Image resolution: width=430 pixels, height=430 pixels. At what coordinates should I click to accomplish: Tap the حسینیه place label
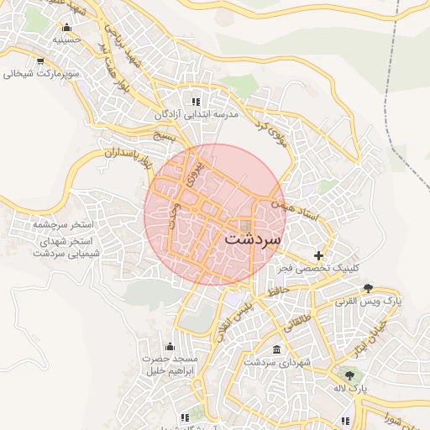pyautogui.click(x=66, y=39)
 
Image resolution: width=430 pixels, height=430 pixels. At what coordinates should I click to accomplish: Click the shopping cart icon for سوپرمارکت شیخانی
pyautogui.click(x=41, y=60)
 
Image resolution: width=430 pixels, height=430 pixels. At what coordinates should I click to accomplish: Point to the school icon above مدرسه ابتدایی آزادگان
pyautogui.click(x=197, y=101)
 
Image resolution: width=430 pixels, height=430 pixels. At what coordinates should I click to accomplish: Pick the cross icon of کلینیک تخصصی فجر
pyautogui.click(x=318, y=254)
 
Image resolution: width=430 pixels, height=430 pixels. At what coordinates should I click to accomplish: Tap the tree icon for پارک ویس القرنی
pyautogui.click(x=367, y=287)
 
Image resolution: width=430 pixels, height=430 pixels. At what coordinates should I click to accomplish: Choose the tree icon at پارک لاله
pyautogui.click(x=349, y=375)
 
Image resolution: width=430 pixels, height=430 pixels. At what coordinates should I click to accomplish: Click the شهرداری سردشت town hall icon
pyautogui.click(x=277, y=349)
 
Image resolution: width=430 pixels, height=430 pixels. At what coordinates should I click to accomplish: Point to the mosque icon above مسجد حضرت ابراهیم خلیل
pyautogui.click(x=170, y=346)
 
